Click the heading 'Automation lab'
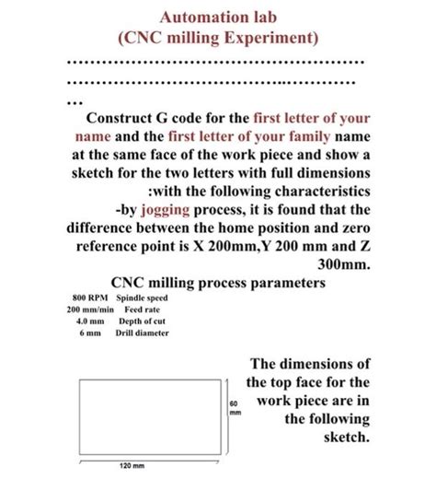coord(217,18)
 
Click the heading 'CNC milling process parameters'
coord(218,284)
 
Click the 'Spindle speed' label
coord(142,300)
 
